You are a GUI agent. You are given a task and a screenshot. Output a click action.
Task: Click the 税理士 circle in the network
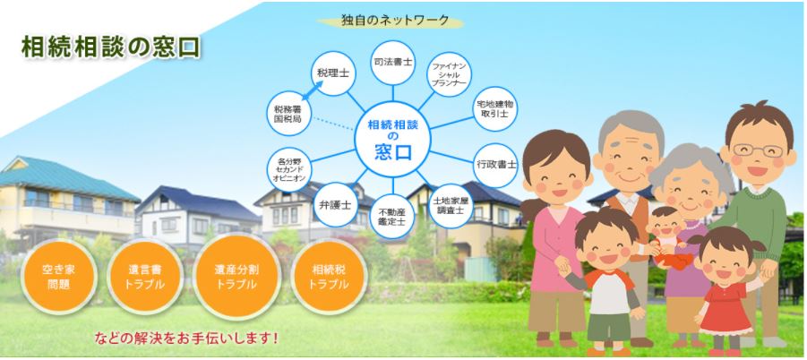tap(333, 73)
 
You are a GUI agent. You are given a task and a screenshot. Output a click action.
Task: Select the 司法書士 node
tap(392, 62)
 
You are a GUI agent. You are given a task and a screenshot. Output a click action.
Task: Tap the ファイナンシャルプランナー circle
tap(450, 74)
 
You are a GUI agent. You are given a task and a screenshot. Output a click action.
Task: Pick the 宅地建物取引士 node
tap(495, 108)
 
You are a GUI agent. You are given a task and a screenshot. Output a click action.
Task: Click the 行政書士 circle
tap(495, 165)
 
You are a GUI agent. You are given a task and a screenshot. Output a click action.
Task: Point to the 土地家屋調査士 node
tap(451, 206)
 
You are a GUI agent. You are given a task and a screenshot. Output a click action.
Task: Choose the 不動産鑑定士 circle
tap(392, 216)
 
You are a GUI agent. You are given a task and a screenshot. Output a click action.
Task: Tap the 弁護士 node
tap(336, 204)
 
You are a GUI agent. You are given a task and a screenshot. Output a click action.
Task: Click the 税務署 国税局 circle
tap(288, 113)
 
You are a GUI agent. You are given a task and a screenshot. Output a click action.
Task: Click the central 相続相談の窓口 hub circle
tap(392, 139)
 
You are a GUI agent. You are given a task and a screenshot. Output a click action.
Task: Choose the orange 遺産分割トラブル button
tap(236, 276)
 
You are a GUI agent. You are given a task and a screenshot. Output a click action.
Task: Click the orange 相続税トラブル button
tap(330, 276)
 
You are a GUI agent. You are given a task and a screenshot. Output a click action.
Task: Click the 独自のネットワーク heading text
tap(395, 21)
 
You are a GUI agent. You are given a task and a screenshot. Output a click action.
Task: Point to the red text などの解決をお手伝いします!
tap(186, 338)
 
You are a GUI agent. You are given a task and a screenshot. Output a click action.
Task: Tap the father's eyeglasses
tap(758, 150)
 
